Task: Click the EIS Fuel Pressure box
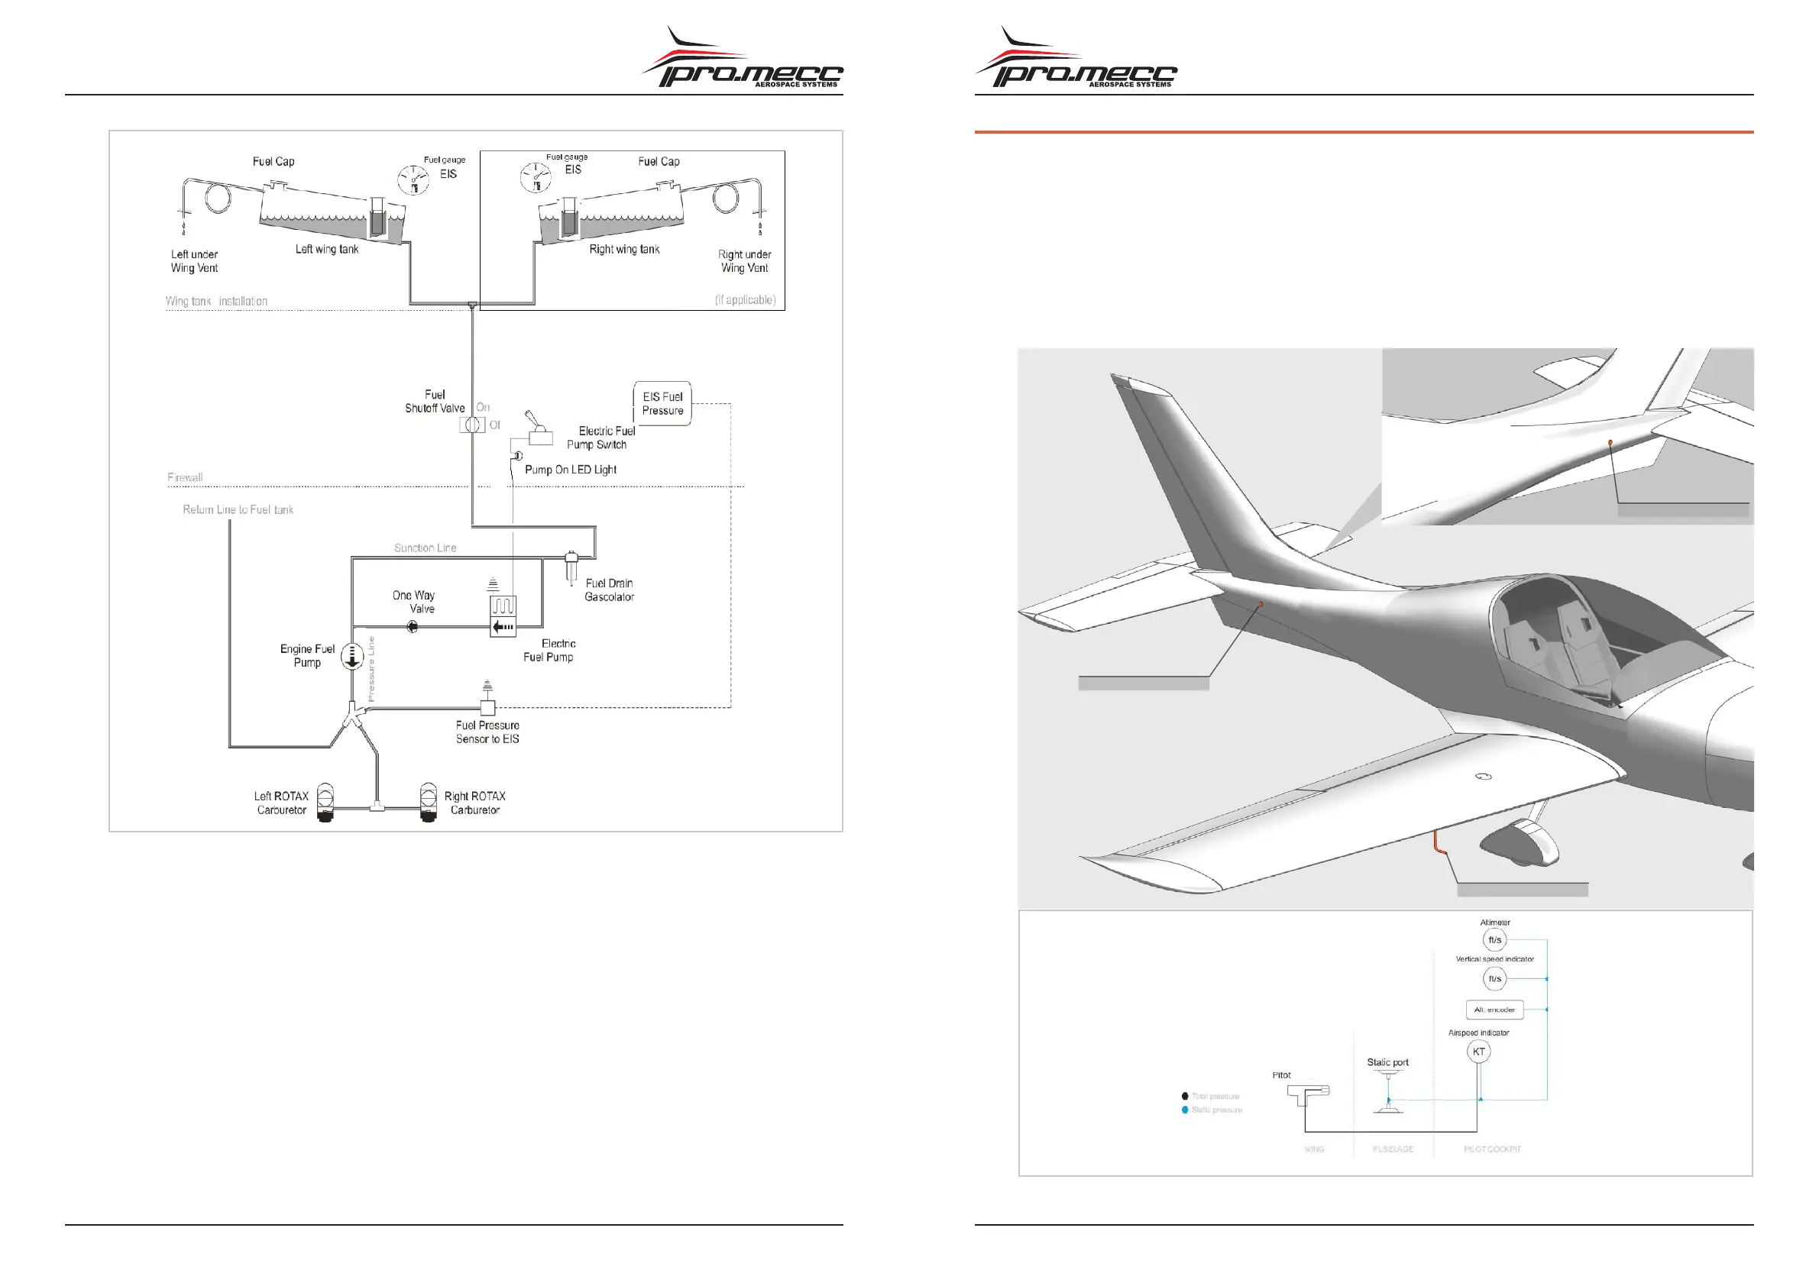(x=662, y=404)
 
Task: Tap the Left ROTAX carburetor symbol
(x=325, y=802)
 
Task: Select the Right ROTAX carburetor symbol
(x=428, y=802)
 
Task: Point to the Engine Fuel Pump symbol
(x=351, y=657)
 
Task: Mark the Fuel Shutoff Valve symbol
(x=472, y=425)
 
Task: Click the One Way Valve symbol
(x=412, y=627)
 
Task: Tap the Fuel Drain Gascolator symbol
(x=571, y=567)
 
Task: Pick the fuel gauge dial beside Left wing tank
(x=413, y=180)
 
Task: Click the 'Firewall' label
(x=185, y=477)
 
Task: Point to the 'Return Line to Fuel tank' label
(x=238, y=510)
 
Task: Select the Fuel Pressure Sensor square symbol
(x=488, y=707)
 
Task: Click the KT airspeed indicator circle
(x=1478, y=1052)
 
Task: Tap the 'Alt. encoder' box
(x=1494, y=1010)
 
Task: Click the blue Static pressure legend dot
(x=1185, y=1110)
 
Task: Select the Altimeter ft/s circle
(x=1494, y=940)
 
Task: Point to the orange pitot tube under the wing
(x=1437, y=842)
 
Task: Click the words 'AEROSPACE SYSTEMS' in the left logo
(x=795, y=84)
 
